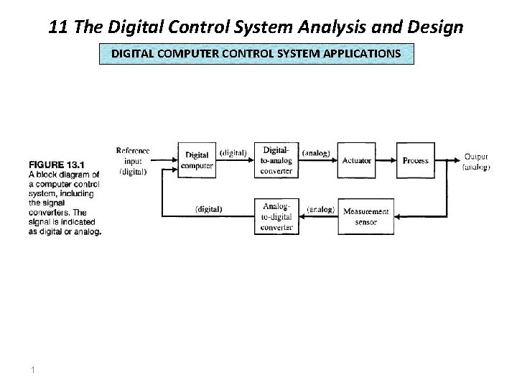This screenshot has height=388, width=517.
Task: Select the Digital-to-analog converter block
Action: [276, 160]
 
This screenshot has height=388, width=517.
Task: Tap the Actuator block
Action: [356, 160]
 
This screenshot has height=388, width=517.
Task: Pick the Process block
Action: [415, 160]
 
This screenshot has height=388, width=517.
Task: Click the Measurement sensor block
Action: [365, 216]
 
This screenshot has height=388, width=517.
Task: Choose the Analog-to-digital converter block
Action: [276, 216]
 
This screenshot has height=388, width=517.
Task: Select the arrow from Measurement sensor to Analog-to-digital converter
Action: [317, 216]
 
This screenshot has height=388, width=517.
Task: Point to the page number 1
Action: [34, 369]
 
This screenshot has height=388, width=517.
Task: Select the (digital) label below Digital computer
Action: [209, 209]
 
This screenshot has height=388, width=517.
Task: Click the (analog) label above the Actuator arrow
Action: [317, 152]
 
